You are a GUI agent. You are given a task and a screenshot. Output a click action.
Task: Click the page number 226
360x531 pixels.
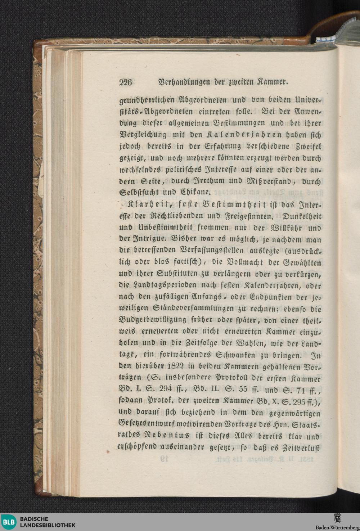(x=126, y=82)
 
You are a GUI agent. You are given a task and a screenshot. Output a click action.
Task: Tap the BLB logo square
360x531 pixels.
(x=8, y=522)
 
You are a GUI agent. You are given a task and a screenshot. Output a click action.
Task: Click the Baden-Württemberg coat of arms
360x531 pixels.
(x=337, y=519)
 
